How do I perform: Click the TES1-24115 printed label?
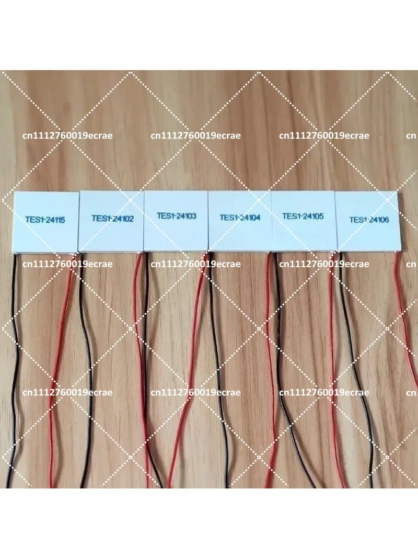(x=45, y=220)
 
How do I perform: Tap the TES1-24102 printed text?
(x=112, y=218)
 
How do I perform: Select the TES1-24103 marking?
(x=176, y=216)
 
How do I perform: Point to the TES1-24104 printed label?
(x=240, y=218)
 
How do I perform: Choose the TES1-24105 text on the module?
(x=303, y=216)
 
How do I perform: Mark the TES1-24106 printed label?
(x=369, y=220)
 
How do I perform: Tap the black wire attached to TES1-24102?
(x=87, y=370)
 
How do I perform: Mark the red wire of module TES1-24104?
(x=272, y=370)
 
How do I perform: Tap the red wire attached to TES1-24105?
(x=333, y=370)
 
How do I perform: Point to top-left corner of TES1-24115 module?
(x=14, y=192)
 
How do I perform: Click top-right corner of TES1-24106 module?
(x=397, y=192)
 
